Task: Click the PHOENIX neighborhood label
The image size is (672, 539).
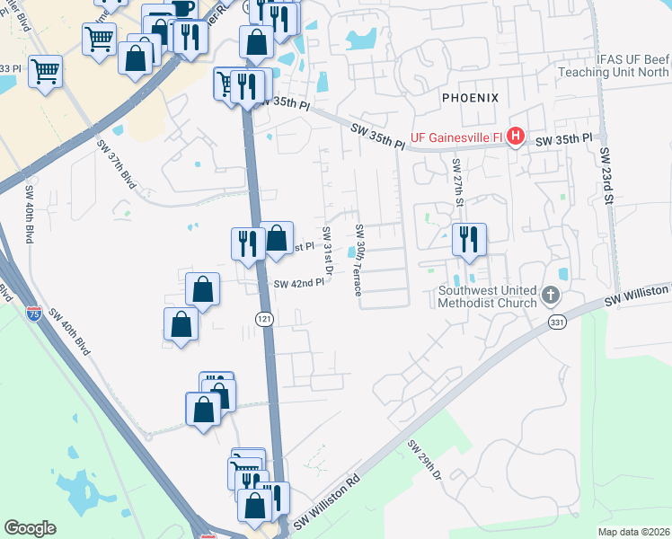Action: pos(469,96)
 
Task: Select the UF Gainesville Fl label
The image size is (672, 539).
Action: pos(457,137)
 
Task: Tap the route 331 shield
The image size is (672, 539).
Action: pos(558,321)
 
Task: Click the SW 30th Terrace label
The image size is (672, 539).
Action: pos(358,261)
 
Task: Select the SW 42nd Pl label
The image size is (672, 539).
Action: pos(298,284)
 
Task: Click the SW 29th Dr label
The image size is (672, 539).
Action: pos(425,460)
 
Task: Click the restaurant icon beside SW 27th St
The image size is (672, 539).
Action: pos(469,239)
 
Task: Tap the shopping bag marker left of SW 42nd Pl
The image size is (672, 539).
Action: pos(203,289)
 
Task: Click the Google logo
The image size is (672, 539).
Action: pos(30,528)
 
